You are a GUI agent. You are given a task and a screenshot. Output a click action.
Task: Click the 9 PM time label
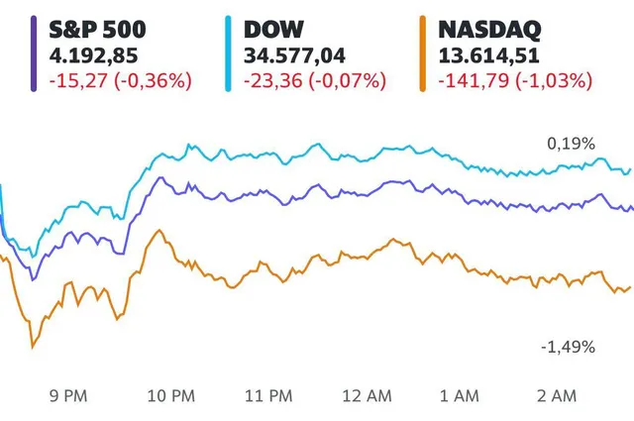pyautogui.click(x=66, y=396)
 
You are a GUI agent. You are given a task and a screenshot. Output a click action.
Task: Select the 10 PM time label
pyautogui.click(x=170, y=396)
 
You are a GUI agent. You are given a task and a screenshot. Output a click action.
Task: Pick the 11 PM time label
pyautogui.click(x=268, y=396)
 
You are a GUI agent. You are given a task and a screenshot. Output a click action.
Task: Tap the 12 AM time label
pyautogui.click(x=367, y=396)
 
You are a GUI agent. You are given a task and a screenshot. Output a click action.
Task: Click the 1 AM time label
pyautogui.click(x=461, y=396)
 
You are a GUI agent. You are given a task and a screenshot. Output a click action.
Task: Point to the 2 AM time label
pyautogui.click(x=557, y=396)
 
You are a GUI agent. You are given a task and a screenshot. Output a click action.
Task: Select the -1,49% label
pyautogui.click(x=568, y=347)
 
